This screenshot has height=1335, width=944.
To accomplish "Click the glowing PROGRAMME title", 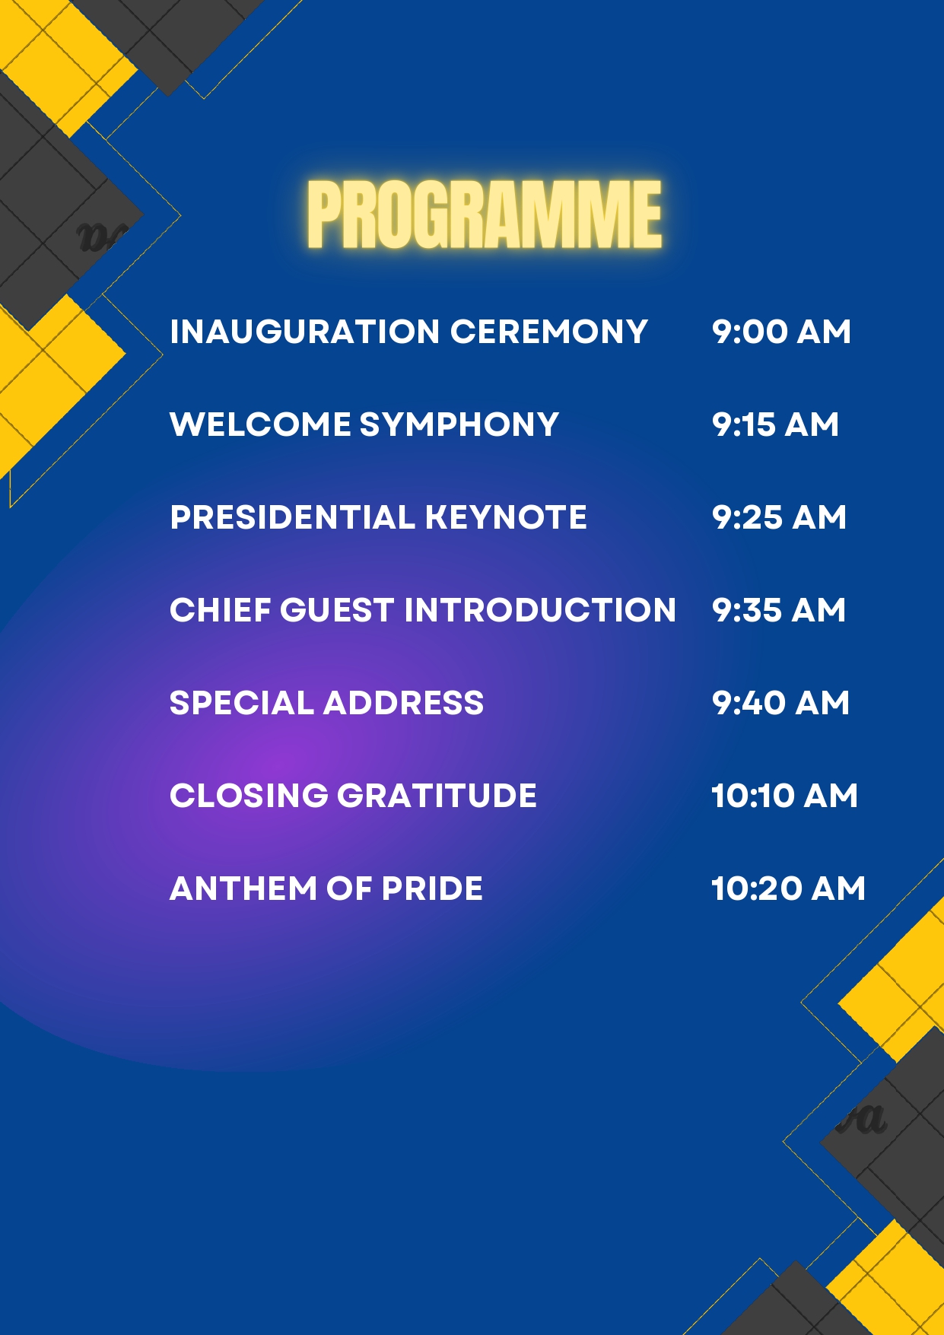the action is click(x=485, y=215).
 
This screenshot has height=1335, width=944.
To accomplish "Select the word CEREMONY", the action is click(x=548, y=332).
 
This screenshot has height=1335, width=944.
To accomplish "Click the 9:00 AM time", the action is click(x=781, y=332).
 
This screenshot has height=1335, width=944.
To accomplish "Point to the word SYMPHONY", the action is click(x=459, y=424).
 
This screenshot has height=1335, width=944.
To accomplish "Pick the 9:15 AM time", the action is click(x=775, y=424).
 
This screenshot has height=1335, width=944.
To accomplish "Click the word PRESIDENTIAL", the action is click(x=293, y=517).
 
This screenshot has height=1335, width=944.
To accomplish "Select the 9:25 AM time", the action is click(x=779, y=517).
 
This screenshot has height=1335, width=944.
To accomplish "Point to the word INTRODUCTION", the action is click(x=540, y=610).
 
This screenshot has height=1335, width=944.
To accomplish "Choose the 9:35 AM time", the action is click(x=779, y=610).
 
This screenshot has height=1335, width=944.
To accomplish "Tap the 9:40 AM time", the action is click(x=780, y=703).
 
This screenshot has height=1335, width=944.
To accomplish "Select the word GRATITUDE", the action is click(x=437, y=796).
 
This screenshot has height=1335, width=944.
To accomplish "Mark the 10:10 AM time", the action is click(x=784, y=796).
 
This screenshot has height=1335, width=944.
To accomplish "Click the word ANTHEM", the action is click(x=243, y=888).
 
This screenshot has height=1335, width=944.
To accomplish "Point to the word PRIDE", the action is click(x=432, y=888).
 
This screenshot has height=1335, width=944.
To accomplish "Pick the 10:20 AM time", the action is click(x=788, y=888).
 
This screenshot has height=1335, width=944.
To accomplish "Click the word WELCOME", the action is click(x=260, y=424).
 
